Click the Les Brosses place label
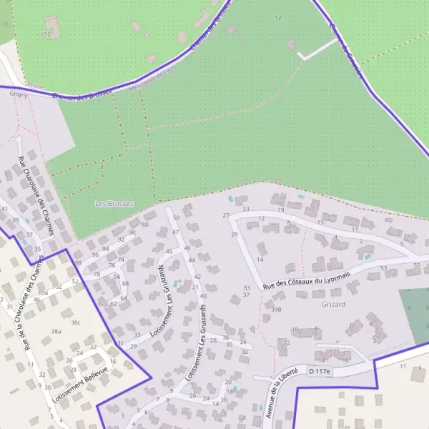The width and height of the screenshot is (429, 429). (114, 204)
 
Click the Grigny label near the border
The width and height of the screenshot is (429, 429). (19, 94)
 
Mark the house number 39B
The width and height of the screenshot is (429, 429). (276, 310)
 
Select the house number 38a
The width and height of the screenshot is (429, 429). (56, 332)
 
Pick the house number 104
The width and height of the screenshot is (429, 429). (44, 293)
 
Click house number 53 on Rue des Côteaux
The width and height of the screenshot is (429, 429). (384, 268)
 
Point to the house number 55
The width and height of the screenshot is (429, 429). (418, 265)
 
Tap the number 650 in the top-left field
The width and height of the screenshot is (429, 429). (46, 34)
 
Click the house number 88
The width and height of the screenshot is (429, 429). (145, 225)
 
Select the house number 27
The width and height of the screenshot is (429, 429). (226, 215)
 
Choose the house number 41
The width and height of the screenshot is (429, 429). (4, 209)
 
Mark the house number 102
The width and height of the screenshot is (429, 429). (57, 287)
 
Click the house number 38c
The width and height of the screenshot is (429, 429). (76, 323)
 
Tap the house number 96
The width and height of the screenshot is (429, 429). (95, 255)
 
